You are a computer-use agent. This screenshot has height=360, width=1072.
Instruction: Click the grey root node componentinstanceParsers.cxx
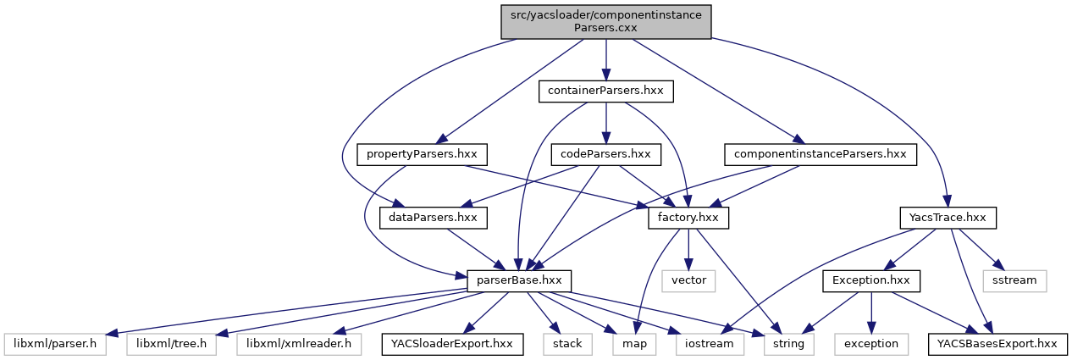click(605, 21)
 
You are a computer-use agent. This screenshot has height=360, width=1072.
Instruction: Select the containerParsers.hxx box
click(605, 91)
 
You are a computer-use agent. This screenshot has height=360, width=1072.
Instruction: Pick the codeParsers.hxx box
click(605, 154)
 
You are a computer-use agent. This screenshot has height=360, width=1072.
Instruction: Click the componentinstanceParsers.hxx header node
click(820, 154)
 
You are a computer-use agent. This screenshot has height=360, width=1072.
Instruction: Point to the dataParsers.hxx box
click(434, 218)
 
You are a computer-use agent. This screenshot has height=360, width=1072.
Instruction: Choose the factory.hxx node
click(688, 218)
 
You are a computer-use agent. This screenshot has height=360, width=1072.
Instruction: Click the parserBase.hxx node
click(520, 280)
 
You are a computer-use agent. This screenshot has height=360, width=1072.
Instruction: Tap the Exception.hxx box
click(870, 280)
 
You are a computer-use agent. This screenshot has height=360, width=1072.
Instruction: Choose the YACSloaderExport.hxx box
click(453, 344)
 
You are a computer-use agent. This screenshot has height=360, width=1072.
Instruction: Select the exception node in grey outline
click(871, 344)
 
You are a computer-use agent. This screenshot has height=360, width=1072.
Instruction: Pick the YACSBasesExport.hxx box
click(998, 344)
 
